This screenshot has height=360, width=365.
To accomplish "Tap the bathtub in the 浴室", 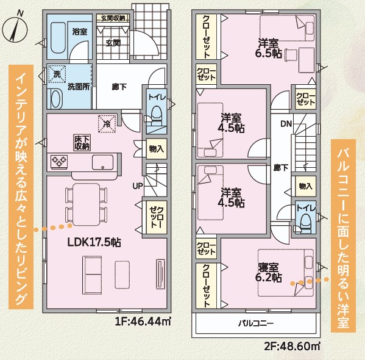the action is [58, 38].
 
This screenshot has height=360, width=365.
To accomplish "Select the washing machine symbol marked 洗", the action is [57, 74].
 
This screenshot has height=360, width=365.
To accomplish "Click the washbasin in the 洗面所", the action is [55, 98].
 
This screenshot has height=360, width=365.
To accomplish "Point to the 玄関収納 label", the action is [113, 18].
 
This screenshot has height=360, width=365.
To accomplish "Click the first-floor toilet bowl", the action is [156, 113].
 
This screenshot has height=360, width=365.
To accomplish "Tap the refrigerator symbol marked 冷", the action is [107, 124].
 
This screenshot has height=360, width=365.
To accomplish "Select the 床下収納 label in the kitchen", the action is [82, 143].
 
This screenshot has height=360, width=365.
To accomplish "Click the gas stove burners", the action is [59, 162].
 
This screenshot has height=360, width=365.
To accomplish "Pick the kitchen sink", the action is [102, 162].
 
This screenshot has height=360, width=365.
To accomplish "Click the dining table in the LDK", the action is [87, 204].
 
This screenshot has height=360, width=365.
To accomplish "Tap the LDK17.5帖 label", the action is [94, 242].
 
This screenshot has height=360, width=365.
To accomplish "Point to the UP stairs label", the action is [138, 186].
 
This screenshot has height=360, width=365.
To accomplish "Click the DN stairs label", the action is [286, 124].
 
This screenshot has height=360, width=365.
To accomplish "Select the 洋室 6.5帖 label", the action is [268, 48].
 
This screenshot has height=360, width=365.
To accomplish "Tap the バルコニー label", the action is [256, 323].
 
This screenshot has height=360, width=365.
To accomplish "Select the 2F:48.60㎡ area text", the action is [292, 346].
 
